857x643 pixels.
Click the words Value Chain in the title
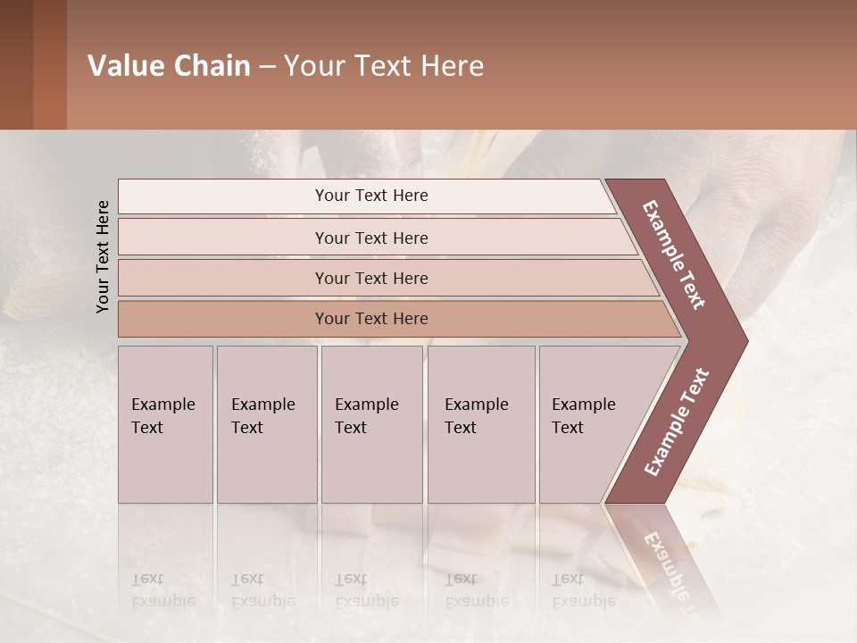point(169,66)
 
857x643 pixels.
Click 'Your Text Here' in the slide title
point(384,66)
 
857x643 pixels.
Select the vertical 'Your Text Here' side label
point(103,256)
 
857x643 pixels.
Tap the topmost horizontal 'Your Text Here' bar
point(370,196)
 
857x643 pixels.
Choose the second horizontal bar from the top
point(370,238)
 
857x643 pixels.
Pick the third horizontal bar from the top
point(370,278)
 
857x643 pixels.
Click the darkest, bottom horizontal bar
point(370,319)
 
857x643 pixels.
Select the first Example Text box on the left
point(165,424)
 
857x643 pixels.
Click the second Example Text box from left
point(266,424)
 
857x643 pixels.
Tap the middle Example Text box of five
point(371,424)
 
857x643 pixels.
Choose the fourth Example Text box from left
point(480,424)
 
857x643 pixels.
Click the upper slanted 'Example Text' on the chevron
point(674,255)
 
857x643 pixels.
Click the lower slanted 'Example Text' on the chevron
point(677,422)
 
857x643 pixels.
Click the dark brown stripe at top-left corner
point(16,64)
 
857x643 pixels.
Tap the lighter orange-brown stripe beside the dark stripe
point(50,64)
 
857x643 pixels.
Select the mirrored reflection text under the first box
point(162,590)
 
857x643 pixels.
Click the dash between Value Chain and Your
point(267,67)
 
